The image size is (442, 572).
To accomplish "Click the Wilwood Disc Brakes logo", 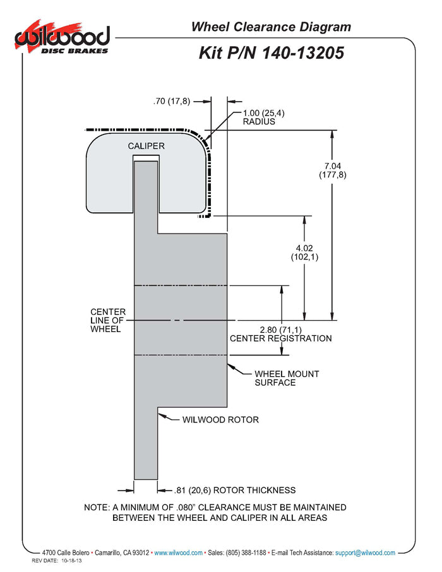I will tap(62, 39).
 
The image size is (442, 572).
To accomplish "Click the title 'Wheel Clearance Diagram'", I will tap(271, 27).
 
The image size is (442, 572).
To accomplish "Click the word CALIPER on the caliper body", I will tap(146, 146).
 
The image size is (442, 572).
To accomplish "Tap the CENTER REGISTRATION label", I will tap(280, 338).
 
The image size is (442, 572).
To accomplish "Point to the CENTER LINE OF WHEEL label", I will tap(108, 320).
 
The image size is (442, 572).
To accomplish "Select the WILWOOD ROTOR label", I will tap(220, 419).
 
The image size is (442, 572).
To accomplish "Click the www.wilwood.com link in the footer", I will tap(178, 552).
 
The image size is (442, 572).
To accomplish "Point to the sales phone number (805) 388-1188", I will tap(245, 552).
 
